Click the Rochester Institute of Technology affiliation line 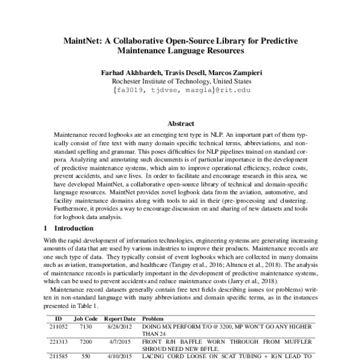point(179,81)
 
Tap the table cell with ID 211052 point(58,326)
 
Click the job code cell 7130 point(85,326)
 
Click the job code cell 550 point(85,355)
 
